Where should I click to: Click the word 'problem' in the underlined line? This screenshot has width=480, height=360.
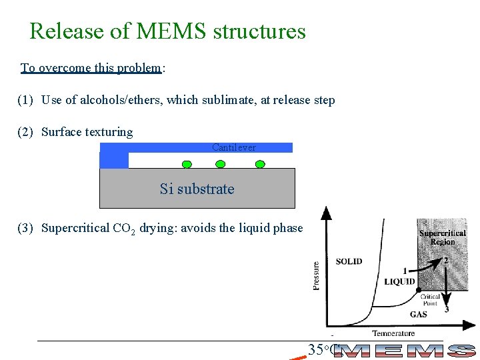tap(138, 68)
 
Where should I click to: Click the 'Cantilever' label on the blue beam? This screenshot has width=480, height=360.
tap(233, 147)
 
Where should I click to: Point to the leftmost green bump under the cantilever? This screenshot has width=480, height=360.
tap(187, 164)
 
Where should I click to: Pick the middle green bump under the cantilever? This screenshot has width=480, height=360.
tap(224, 164)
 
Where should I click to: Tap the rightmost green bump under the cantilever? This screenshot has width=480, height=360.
tap(260, 164)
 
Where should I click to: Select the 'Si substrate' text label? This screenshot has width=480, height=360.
tap(197, 189)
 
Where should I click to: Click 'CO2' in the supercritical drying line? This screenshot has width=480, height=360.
tap(124, 229)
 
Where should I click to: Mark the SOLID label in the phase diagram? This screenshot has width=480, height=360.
tap(349, 261)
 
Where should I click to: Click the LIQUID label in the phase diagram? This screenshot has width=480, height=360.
tap(399, 281)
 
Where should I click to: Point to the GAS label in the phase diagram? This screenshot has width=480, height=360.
tap(418, 314)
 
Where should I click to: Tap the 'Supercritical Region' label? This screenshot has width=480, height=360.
tap(442, 237)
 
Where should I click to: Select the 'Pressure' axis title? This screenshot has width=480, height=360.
tap(317, 275)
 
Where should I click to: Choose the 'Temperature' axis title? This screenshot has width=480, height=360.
tap(393, 333)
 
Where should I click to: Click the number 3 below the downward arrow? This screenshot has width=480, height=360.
tap(446, 309)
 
